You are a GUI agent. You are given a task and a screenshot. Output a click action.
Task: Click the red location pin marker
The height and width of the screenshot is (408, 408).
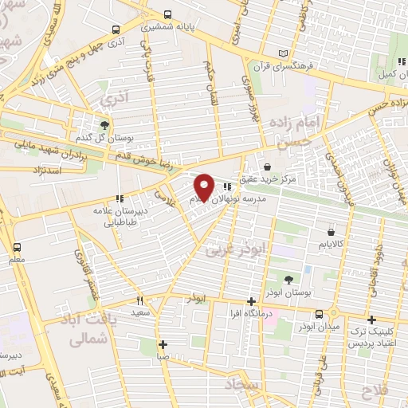pyautogui.click(x=204, y=186)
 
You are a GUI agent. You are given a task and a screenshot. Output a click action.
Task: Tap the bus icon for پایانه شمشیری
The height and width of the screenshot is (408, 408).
pyautogui.click(x=167, y=14)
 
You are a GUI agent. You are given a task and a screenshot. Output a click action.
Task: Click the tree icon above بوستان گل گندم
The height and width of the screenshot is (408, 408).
pyautogui.click(x=104, y=124)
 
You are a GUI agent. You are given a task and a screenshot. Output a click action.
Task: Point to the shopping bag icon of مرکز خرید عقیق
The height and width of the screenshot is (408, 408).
pyautogui.click(x=265, y=167)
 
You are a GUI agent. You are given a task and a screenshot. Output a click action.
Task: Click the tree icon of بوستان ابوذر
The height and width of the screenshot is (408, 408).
pyautogui.click(x=287, y=280)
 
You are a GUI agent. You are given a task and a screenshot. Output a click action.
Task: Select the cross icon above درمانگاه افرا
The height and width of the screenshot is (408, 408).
pyautogui.click(x=252, y=301)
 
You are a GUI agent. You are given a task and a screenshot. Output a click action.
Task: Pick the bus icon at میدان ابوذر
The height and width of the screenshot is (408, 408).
pyautogui.click(x=319, y=314)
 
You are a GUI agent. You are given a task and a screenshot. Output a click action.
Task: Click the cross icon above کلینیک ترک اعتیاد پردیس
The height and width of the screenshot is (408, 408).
pyautogui.click(x=371, y=319)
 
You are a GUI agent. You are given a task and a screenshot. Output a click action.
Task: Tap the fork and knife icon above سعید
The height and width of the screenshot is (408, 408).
pyautogui.click(x=140, y=301)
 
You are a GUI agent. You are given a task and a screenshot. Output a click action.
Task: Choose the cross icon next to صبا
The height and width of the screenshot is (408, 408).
pyautogui.click(x=163, y=345)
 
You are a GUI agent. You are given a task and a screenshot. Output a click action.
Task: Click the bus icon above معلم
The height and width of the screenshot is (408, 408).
pyautogui.click(x=18, y=247)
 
